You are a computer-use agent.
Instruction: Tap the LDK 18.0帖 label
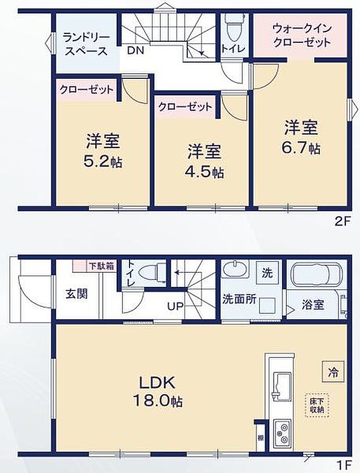(160, 392)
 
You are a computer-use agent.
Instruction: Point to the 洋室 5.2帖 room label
(103, 150)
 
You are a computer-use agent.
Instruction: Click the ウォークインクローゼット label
(301, 34)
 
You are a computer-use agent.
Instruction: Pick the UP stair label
(176, 306)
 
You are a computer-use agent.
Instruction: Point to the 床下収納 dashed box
(317, 404)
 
